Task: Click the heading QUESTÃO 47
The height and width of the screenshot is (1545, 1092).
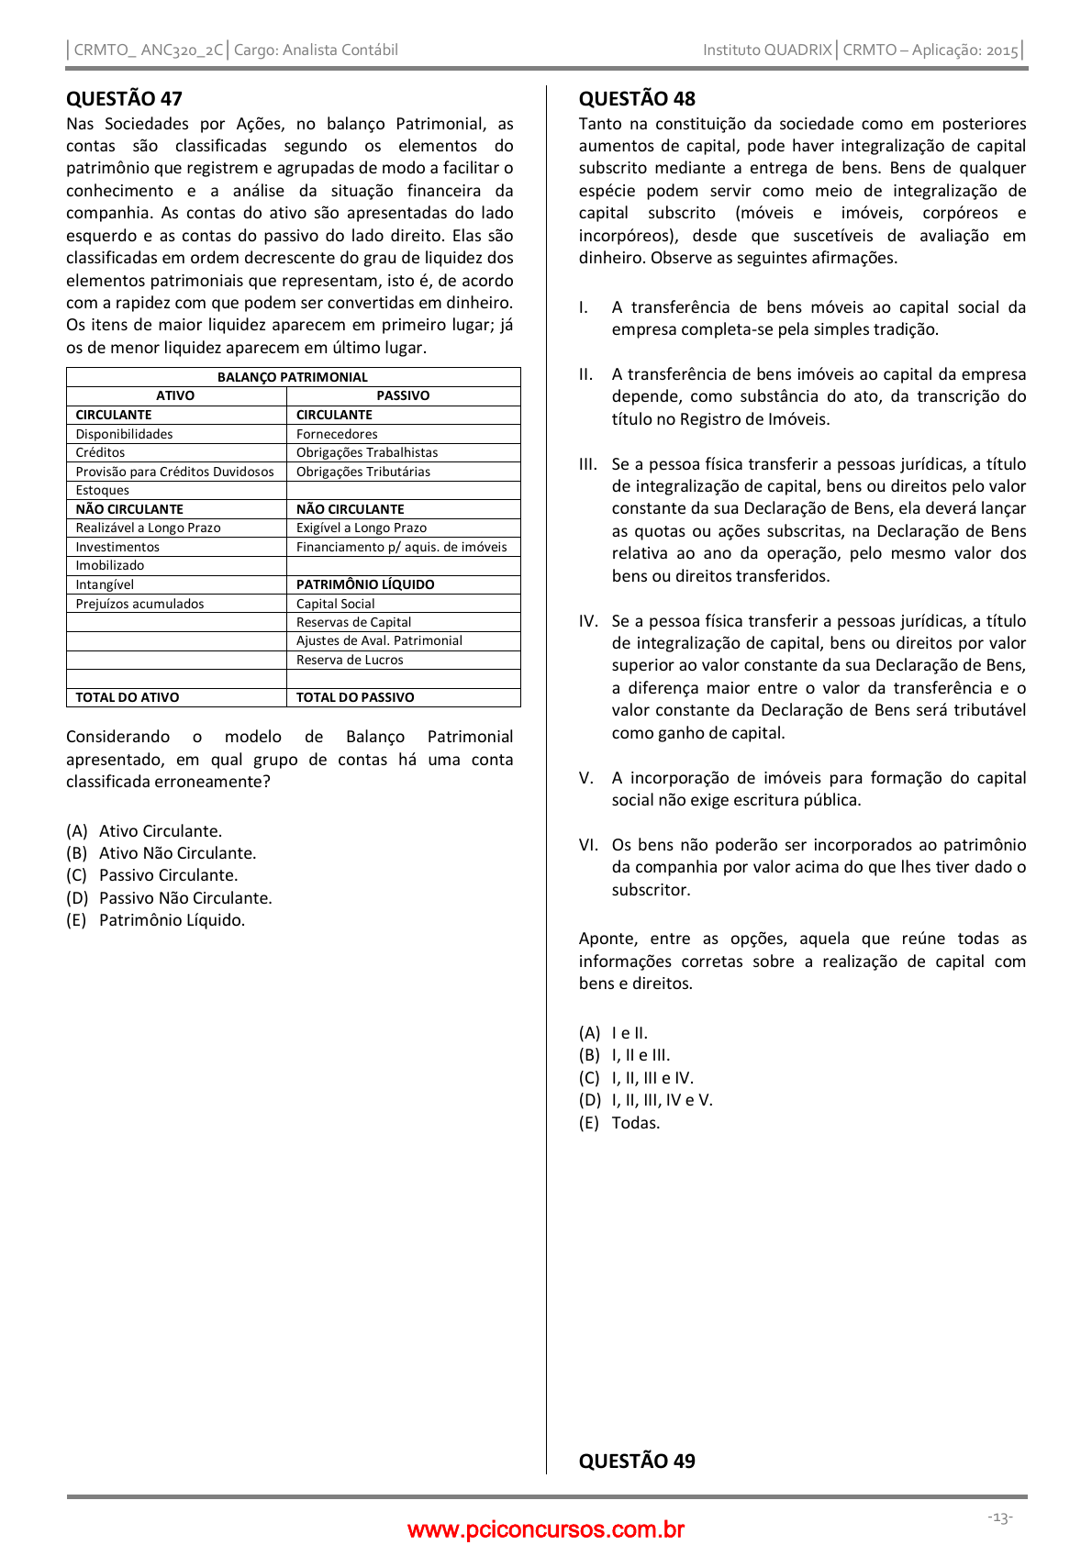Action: (124, 98)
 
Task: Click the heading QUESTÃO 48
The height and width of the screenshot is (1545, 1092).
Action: (637, 98)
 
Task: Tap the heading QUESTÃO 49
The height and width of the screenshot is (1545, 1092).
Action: (637, 1461)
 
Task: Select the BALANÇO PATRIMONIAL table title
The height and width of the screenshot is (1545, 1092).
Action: (293, 377)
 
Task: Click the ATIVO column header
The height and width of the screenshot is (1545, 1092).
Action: (175, 395)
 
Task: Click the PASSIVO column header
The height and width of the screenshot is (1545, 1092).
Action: (403, 395)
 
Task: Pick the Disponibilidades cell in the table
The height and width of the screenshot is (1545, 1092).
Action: (124, 434)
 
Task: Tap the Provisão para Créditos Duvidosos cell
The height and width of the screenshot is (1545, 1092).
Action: (174, 472)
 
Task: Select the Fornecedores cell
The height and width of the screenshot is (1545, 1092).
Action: (337, 434)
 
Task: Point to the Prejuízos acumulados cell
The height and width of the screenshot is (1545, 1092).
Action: (139, 604)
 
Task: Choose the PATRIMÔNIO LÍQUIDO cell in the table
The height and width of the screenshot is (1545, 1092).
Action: (365, 584)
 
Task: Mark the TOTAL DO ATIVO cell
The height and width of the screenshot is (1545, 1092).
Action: (128, 697)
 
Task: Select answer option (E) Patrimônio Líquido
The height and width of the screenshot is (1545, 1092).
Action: (156, 920)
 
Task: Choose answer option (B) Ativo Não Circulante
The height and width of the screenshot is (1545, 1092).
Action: (162, 853)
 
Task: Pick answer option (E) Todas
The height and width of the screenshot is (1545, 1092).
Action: (619, 1123)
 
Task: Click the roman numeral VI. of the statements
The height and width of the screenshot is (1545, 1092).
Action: (588, 845)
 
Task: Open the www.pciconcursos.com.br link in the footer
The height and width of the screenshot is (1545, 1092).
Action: (546, 1529)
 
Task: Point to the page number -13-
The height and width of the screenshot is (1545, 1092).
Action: (1000, 1517)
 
